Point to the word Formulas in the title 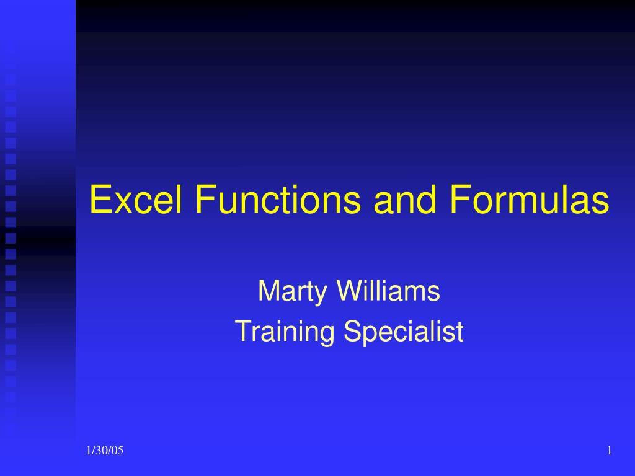pos(529,200)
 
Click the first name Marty pos(291,292)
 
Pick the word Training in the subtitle pos(285,332)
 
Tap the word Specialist pos(404,332)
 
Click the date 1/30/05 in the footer pos(105,451)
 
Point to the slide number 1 pos(610,451)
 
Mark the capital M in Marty pos(269,291)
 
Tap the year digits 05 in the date pos(118,451)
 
